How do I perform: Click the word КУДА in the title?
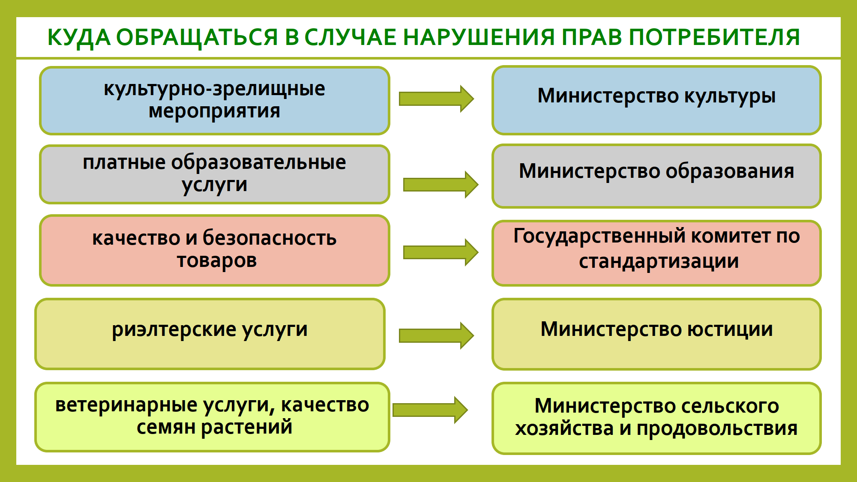point(79,37)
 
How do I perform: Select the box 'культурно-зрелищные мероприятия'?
point(214,100)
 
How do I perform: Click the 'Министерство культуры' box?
point(656,100)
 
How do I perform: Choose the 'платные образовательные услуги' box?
point(214,174)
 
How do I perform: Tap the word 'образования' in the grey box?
point(730,171)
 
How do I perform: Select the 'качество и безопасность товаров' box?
point(214,250)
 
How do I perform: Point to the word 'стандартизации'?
point(659,261)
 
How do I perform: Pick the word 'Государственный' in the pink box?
point(599,236)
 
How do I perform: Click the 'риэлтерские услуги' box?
point(210,334)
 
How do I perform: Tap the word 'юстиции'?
point(730,329)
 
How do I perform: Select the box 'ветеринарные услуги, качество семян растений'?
point(212,416)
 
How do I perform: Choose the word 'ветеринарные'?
point(126,405)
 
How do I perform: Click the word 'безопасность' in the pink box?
point(270,238)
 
